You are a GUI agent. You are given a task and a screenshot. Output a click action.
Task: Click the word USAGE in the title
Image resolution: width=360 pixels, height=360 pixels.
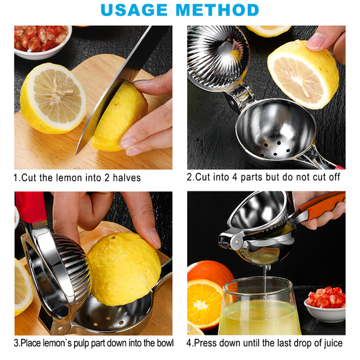[134, 10]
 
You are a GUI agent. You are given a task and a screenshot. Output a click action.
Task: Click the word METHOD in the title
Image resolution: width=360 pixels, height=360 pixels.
[217, 10]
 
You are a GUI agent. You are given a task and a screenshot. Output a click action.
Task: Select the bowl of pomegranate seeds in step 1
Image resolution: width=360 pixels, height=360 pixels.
[43, 41]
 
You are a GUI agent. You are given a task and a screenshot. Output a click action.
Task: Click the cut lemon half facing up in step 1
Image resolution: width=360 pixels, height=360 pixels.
[53, 98]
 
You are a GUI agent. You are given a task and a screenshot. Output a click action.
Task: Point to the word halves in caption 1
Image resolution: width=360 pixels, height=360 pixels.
[127, 178]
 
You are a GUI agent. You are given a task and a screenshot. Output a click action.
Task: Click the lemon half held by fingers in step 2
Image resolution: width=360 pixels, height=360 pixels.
[303, 74]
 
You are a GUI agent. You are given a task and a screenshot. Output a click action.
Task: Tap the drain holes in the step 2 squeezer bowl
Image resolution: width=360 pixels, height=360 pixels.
[275, 149]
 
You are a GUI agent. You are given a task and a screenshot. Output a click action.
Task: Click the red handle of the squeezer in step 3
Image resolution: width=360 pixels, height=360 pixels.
[31, 206]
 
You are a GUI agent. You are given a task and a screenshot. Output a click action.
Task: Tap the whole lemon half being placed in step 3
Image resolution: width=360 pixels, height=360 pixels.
[124, 269]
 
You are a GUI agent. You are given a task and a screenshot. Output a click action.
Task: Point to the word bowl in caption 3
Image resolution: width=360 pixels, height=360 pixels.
[165, 343]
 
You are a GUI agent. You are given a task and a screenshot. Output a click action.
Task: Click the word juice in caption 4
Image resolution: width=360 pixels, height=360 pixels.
[333, 343]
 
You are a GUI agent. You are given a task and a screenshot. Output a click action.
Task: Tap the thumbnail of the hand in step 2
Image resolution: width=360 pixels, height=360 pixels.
[316, 41]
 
